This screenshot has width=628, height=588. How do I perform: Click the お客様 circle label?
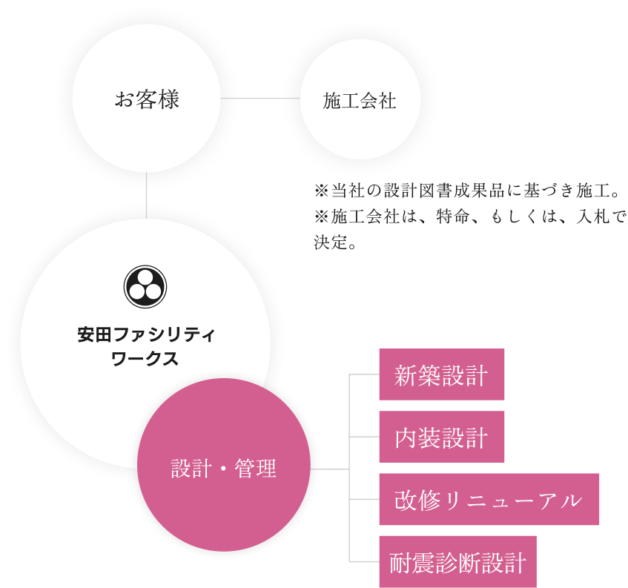pyautogui.click(x=147, y=100)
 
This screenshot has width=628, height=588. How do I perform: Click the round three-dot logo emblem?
pyautogui.click(x=145, y=287)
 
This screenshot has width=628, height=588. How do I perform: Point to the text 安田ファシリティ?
pyautogui.click(x=145, y=335)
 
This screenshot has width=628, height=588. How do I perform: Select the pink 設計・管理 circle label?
pyautogui.click(x=224, y=469)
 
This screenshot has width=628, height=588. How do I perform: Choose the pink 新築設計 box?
pyautogui.click(x=441, y=375)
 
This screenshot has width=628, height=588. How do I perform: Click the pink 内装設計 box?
pyautogui.click(x=441, y=437)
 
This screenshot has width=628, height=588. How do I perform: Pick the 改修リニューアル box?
pyautogui.click(x=489, y=500)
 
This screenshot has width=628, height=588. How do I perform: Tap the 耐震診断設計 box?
pyautogui.click(x=457, y=562)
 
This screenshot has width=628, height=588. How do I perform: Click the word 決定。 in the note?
pyautogui.click(x=336, y=242)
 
